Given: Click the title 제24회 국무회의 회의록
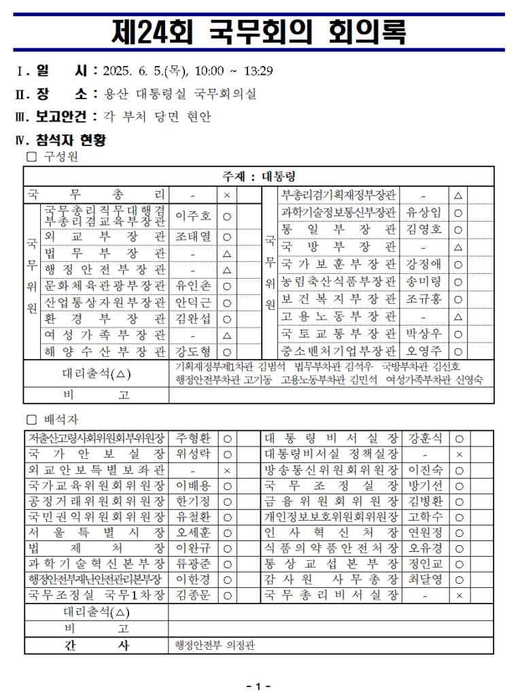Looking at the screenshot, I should click(x=260, y=31).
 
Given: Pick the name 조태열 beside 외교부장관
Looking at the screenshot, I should click(x=193, y=237).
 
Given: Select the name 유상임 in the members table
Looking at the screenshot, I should click(x=424, y=212).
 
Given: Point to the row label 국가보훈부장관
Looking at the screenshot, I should click(x=339, y=264).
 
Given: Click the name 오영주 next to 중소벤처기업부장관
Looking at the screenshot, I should click(x=424, y=351).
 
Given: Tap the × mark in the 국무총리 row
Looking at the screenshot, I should click(x=227, y=195).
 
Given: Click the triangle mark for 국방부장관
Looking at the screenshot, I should click(x=458, y=247).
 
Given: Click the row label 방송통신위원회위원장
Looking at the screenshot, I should click(x=331, y=470).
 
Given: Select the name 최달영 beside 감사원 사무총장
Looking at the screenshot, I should click(x=426, y=579).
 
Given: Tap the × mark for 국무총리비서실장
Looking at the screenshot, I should click(x=460, y=595).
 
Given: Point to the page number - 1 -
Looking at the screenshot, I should click(x=259, y=685).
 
